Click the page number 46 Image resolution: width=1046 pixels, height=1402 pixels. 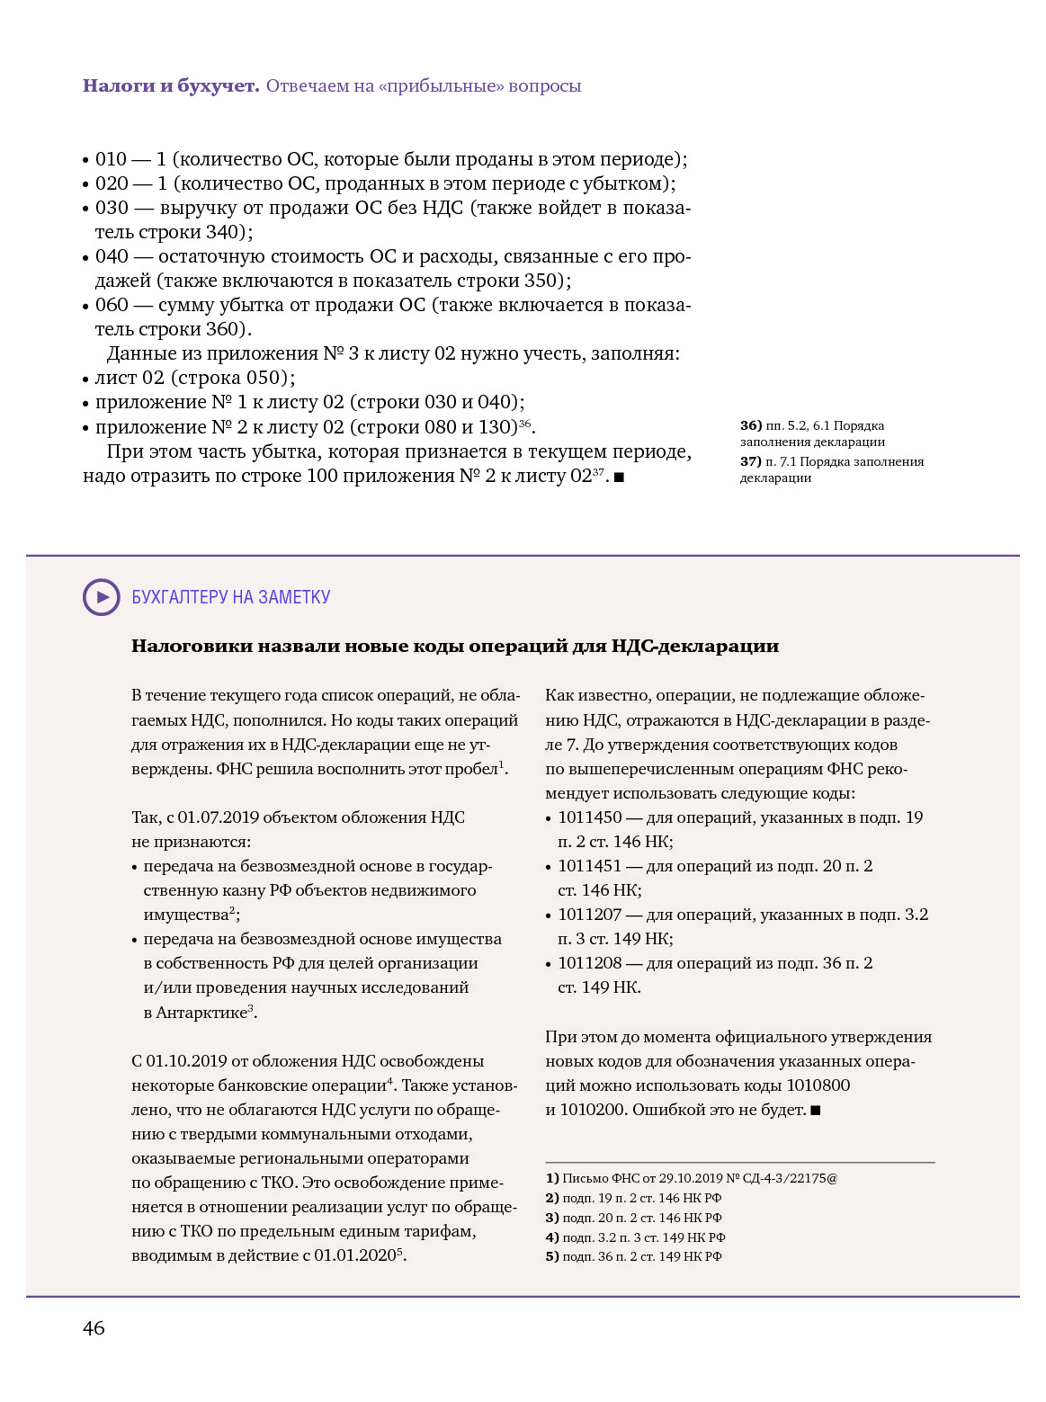pos(94,1328)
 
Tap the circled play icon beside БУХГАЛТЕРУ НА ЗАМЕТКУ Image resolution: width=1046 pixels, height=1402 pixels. pos(102,597)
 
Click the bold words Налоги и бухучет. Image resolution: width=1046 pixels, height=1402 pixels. pos(171,86)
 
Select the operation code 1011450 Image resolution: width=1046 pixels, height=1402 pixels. pos(589,817)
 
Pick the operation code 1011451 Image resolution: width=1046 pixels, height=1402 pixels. pos(589,866)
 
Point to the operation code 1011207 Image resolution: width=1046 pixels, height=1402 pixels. pos(589,915)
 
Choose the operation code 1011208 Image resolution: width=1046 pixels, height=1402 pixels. pos(589,963)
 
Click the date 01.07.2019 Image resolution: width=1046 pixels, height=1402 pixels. pos(218,817)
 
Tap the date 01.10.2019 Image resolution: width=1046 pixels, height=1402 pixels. pos(187,1061)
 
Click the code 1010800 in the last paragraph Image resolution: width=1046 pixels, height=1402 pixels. pos(818,1085)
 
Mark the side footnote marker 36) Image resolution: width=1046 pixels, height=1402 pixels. pos(751,425)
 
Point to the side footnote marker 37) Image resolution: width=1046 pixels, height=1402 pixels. pos(751,461)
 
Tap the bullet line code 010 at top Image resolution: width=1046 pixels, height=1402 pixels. pos(111,159)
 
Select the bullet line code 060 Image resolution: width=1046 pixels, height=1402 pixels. pos(112,305)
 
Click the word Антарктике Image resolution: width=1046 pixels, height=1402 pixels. pos(201,1013)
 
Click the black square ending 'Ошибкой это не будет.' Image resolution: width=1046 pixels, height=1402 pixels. pos(816,1111)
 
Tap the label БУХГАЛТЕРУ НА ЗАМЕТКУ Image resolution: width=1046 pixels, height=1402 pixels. pos(231,597)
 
